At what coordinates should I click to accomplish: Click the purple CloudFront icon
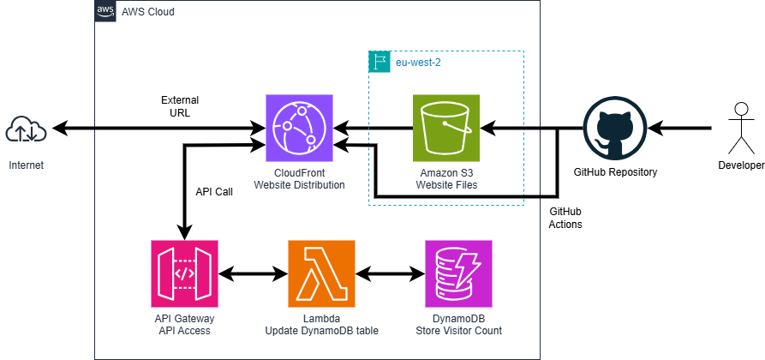click(x=299, y=129)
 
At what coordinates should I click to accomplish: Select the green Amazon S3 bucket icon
click(x=445, y=129)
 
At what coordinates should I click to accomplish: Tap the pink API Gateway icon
click(x=184, y=273)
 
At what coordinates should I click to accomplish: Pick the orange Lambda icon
click(x=321, y=273)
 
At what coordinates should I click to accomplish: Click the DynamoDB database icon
click(x=458, y=273)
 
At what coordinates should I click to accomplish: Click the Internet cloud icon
click(x=27, y=129)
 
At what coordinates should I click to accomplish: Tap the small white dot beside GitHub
click(x=742, y=109)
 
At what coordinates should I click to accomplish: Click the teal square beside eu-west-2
click(x=379, y=62)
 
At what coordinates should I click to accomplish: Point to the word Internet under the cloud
click(x=27, y=165)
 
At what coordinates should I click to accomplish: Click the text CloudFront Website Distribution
click(x=299, y=179)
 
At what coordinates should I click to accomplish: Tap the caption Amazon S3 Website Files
click(x=445, y=179)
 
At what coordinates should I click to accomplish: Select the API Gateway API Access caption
click(x=184, y=324)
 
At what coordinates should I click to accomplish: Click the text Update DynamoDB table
click(x=321, y=331)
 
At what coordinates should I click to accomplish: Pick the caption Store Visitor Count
click(x=458, y=331)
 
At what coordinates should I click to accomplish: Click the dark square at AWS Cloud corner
click(x=105, y=11)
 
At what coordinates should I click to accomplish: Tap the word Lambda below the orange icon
click(x=321, y=319)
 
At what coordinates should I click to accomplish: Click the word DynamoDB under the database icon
click(x=458, y=319)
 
